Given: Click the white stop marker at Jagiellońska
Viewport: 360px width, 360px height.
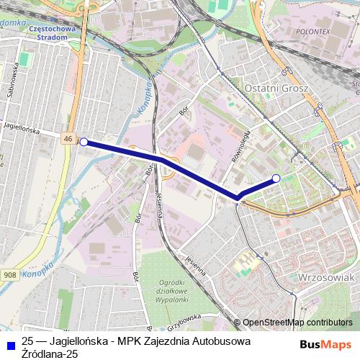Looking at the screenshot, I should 84,143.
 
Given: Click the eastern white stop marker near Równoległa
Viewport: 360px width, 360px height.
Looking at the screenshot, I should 276,178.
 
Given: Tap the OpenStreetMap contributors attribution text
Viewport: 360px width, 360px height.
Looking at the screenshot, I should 298,323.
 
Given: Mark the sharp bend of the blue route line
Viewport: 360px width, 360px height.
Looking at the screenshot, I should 237,197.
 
